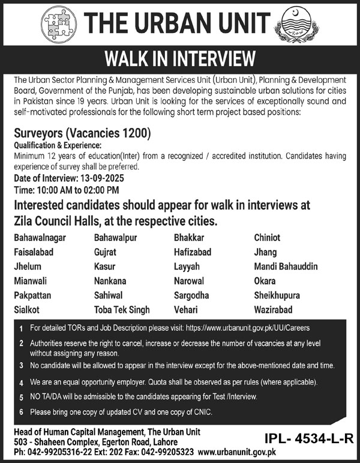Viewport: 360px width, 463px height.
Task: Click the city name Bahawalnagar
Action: pos(40,238)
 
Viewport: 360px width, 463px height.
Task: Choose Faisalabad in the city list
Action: pos(35,252)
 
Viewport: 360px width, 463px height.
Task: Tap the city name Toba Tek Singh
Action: pos(122,310)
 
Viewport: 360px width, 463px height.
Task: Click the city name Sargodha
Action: pos(191,295)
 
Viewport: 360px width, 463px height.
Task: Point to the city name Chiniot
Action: pos(267,238)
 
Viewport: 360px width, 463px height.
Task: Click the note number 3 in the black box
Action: pos(21,366)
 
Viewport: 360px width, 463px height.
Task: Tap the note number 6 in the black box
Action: pos(21,413)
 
